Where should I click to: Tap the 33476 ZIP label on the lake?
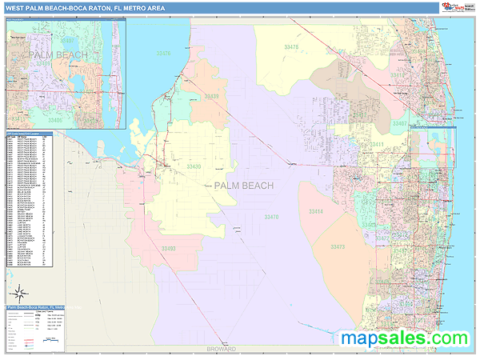(x=164, y=53)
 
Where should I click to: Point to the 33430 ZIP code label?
(x=194, y=166)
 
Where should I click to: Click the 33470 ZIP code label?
(x=272, y=217)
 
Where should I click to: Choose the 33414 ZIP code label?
(x=316, y=211)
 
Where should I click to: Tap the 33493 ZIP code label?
(x=168, y=249)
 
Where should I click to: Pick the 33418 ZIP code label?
(x=398, y=75)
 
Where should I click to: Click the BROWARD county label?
(x=221, y=350)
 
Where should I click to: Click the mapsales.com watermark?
(x=405, y=338)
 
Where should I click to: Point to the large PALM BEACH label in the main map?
(x=244, y=186)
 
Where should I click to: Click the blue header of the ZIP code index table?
(x=29, y=132)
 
